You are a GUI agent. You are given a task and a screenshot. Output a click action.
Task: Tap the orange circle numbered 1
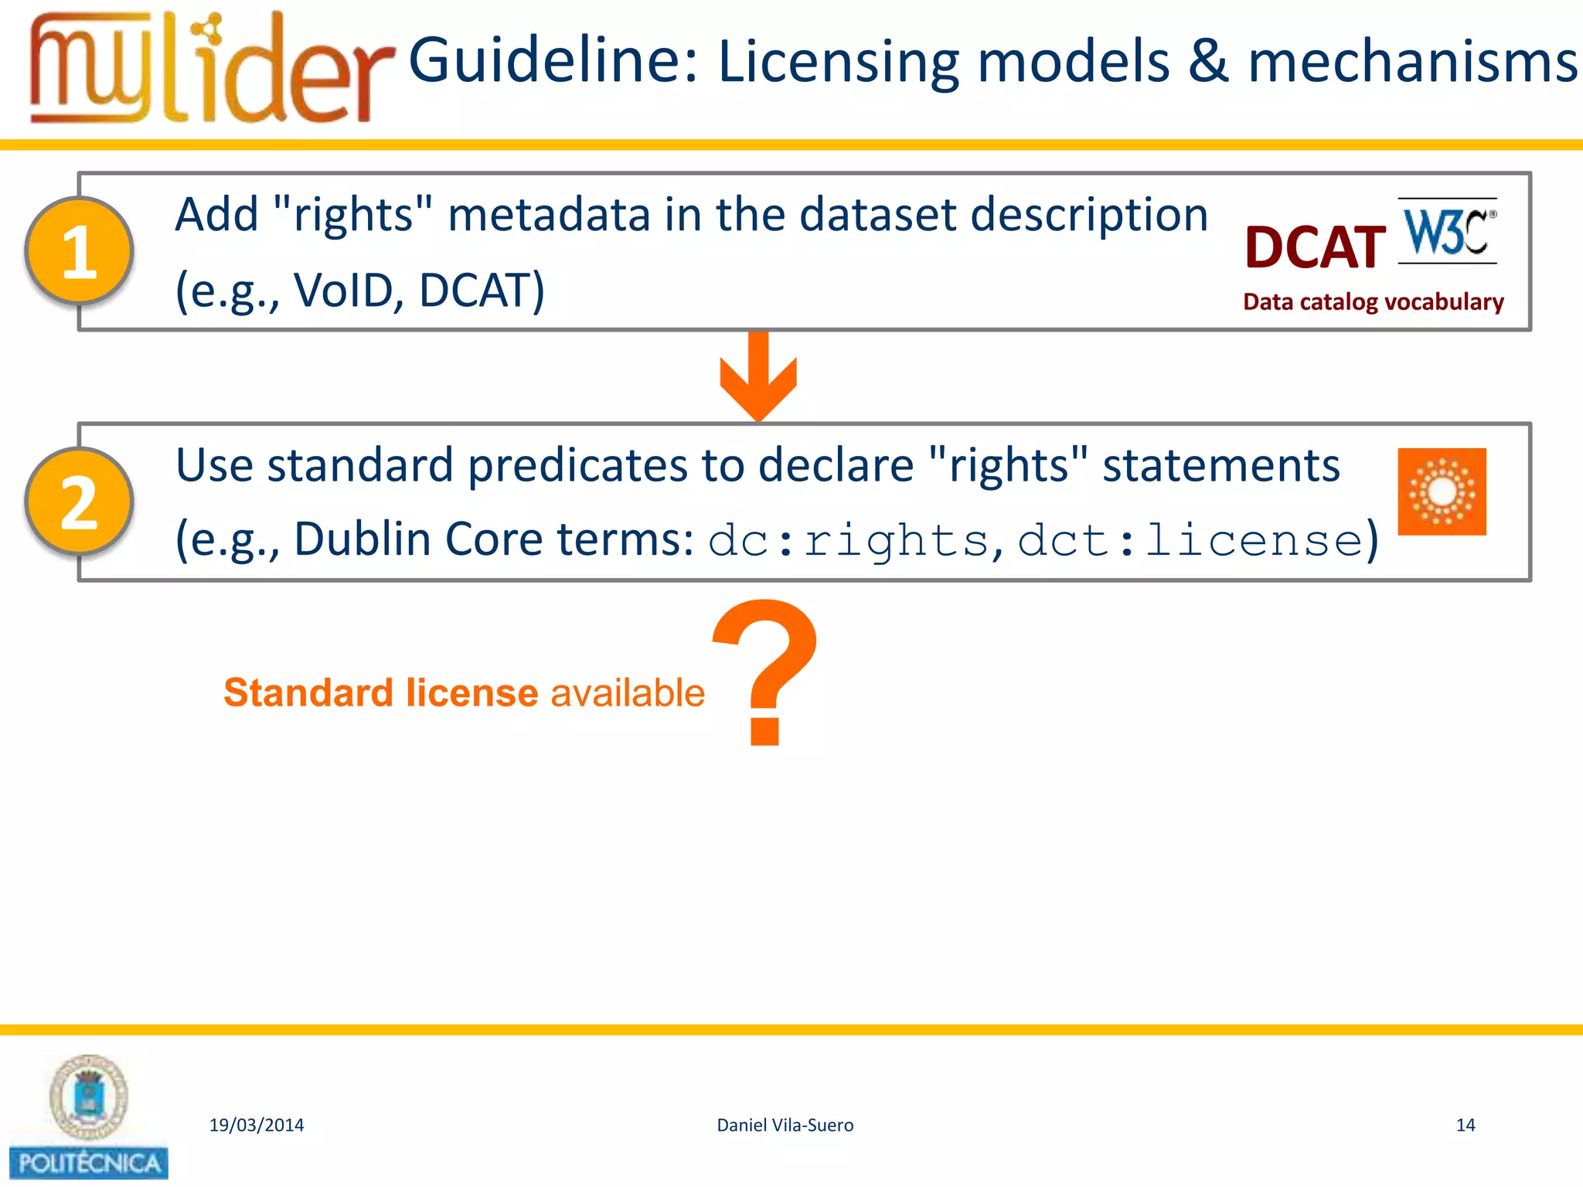(x=80, y=251)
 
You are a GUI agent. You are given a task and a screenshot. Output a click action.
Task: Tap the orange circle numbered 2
(x=80, y=502)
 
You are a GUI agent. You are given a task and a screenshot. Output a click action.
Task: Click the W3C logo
(x=1447, y=231)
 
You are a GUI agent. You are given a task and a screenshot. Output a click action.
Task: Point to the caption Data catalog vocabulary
(x=1373, y=302)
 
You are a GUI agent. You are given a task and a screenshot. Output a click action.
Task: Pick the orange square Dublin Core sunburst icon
(x=1442, y=491)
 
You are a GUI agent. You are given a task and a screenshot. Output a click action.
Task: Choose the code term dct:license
(x=1190, y=540)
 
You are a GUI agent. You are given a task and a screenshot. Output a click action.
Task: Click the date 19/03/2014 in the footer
(x=257, y=1125)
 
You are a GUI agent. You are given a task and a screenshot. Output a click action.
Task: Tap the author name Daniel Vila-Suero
(x=785, y=1125)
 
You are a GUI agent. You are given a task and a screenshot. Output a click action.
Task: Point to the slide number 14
(x=1465, y=1125)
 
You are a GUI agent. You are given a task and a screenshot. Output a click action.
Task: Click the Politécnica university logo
(x=88, y=1117)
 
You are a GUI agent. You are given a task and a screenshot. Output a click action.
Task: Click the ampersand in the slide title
(x=1208, y=62)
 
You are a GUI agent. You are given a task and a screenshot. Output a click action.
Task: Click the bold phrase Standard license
(x=380, y=692)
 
